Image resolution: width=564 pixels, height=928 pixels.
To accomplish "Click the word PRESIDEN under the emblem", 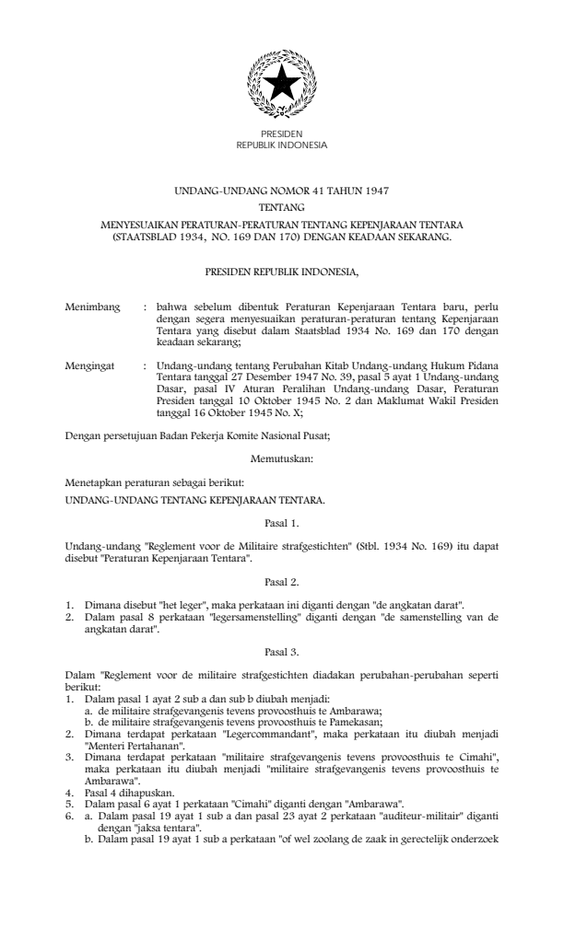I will [281, 134].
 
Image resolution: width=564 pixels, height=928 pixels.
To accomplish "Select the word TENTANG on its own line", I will [282, 208].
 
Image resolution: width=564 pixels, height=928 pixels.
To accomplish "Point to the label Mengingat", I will [90, 366].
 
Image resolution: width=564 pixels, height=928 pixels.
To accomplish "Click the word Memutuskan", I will [281, 457].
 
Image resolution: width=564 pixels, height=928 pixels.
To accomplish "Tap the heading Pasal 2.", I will [281, 583].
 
